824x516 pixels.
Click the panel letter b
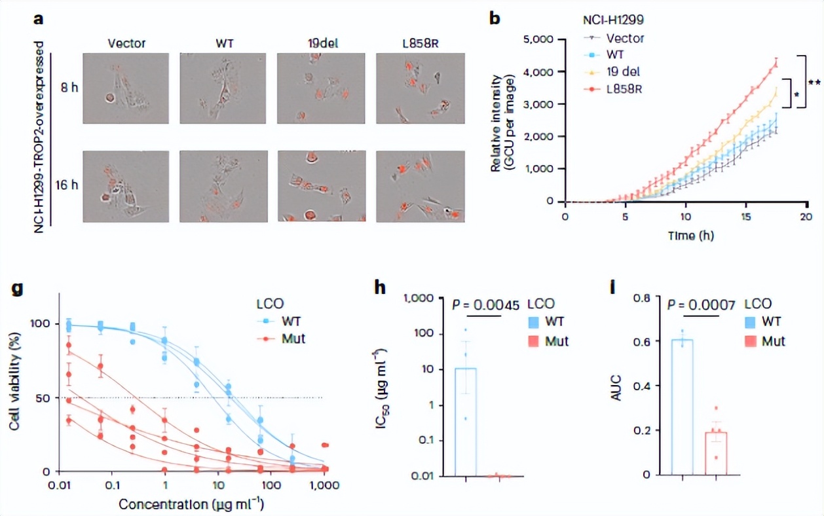pyautogui.click(x=495, y=18)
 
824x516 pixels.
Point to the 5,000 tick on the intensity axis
pyautogui.click(x=540, y=39)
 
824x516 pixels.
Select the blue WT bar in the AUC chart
pyautogui.click(x=683, y=407)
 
